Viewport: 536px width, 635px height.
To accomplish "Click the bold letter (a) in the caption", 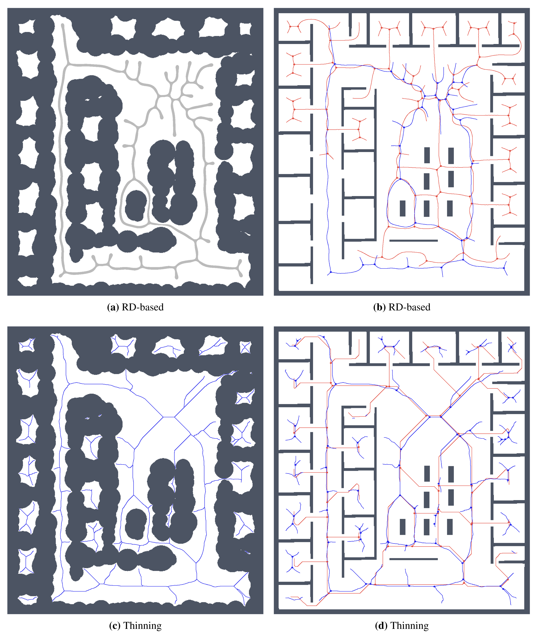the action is click(x=113, y=307).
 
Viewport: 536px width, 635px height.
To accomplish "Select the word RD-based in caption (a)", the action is click(x=143, y=307).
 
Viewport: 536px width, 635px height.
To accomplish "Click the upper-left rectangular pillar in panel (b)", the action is click(x=427, y=155).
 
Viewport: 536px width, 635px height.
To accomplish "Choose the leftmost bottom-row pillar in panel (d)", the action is click(x=403, y=527).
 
